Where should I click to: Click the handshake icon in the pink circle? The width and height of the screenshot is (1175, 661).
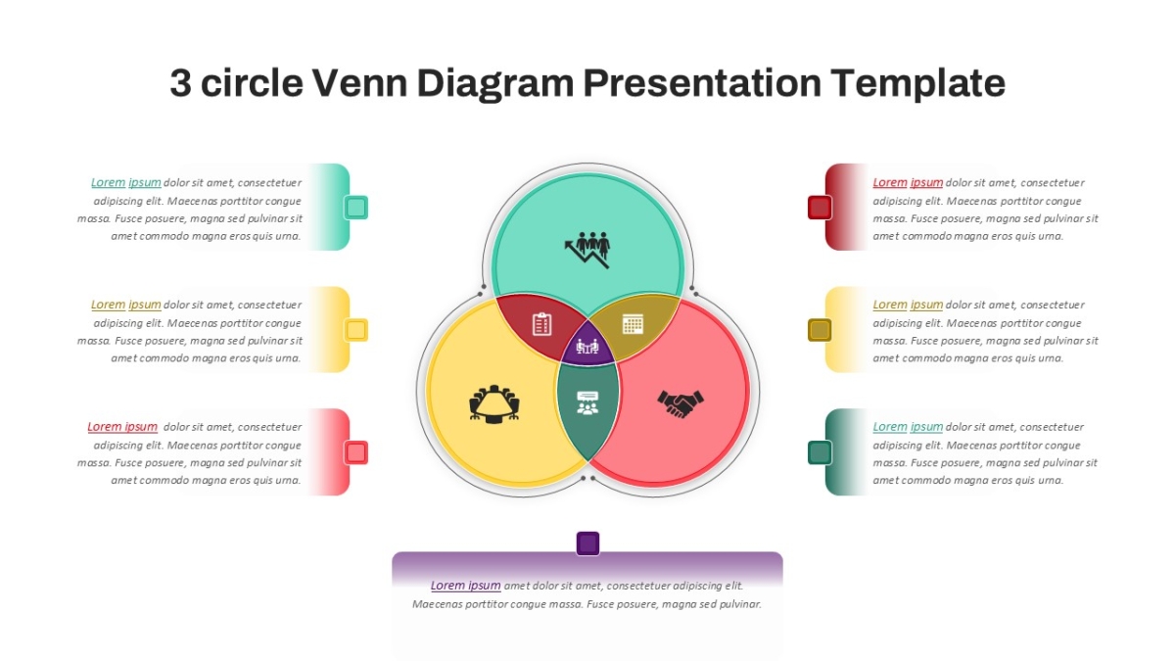681,403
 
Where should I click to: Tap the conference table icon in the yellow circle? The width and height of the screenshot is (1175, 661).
494,403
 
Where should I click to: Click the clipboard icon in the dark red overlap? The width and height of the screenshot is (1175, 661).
541,324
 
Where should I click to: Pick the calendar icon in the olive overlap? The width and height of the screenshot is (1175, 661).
633,324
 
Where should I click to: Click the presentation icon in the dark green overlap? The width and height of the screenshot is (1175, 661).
587,402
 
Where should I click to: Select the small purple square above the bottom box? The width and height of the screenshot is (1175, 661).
587,543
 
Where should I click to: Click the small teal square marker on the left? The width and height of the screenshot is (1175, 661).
356,208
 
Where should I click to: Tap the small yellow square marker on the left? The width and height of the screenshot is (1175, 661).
356,330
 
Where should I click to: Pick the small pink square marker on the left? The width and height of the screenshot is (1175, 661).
356,452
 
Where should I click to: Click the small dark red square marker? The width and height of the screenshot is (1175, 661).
820,208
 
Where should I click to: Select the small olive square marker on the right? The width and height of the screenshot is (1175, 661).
820,330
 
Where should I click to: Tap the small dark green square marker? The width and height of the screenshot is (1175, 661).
820,452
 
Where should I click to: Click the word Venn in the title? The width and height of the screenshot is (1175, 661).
360,83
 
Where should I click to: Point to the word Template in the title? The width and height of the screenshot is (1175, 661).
918,84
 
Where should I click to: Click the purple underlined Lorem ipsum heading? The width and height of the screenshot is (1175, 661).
466,586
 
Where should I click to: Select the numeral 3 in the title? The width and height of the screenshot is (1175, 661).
180,83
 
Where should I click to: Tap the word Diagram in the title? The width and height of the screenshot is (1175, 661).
495,84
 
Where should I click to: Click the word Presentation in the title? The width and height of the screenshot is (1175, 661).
702,84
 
